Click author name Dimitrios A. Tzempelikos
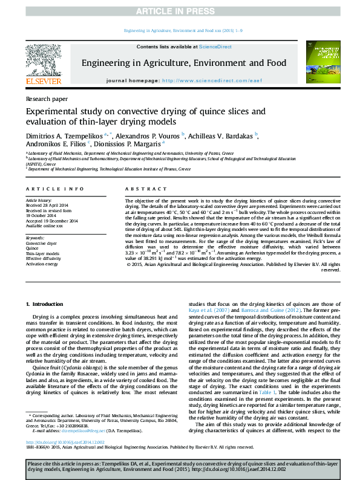click(63, 135)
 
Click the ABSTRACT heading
click(141, 190)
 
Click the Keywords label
click(36, 238)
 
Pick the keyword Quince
click(33, 248)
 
